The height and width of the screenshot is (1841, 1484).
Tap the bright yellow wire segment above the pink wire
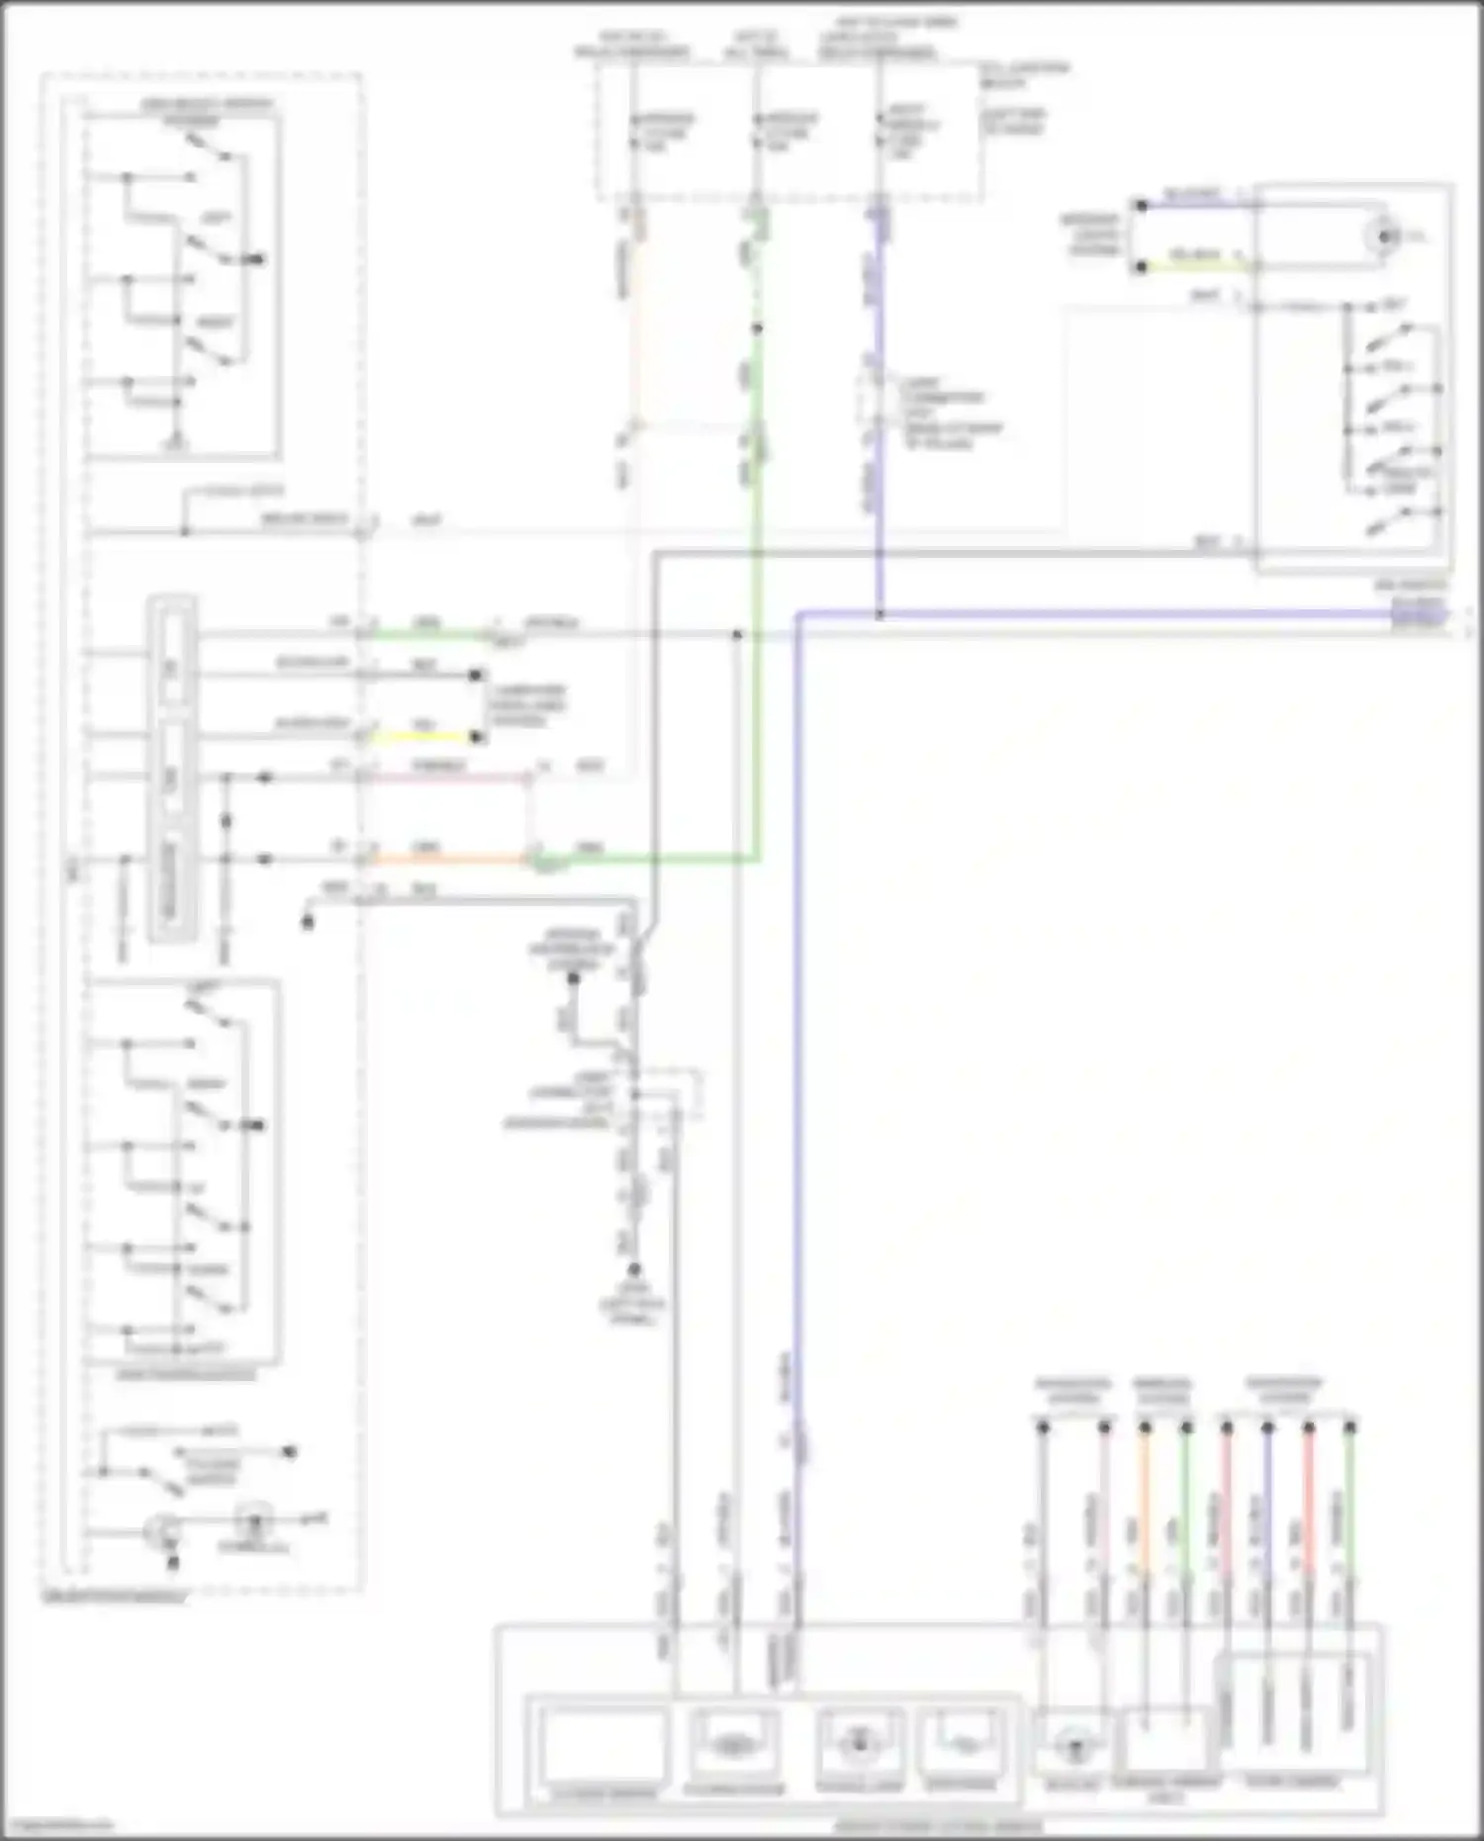(x=420, y=737)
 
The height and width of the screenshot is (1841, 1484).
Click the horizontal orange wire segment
(x=445, y=860)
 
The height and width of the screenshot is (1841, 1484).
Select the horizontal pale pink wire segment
(x=445, y=779)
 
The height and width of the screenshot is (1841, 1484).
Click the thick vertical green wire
(x=758, y=594)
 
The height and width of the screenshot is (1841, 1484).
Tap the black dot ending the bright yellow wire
(x=478, y=737)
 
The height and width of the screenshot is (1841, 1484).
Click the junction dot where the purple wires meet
(x=879, y=615)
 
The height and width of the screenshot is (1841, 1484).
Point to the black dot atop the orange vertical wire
(x=1145, y=1427)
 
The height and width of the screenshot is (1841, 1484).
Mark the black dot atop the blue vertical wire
(x=1267, y=1427)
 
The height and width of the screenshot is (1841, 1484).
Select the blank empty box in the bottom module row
(x=603, y=1743)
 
